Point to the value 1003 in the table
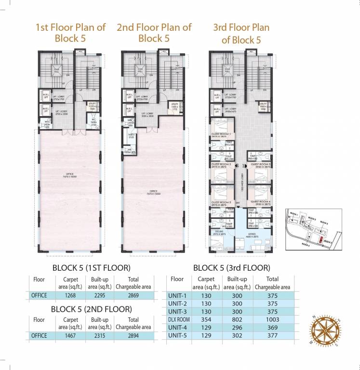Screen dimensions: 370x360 click(x=272, y=320)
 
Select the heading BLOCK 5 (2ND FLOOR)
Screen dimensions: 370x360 click(x=92, y=309)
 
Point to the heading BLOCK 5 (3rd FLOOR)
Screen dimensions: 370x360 click(x=231, y=267)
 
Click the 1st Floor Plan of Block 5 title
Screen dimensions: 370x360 click(x=71, y=33)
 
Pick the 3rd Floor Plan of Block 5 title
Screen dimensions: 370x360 click(x=241, y=33)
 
